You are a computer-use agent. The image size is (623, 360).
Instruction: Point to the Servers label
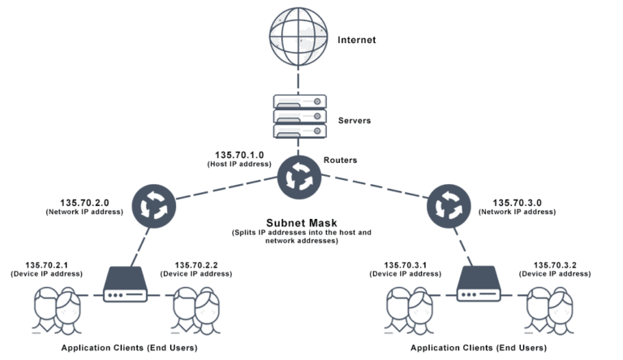point(354,120)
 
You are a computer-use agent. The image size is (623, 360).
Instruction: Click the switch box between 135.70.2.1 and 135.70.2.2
point(126,285)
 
